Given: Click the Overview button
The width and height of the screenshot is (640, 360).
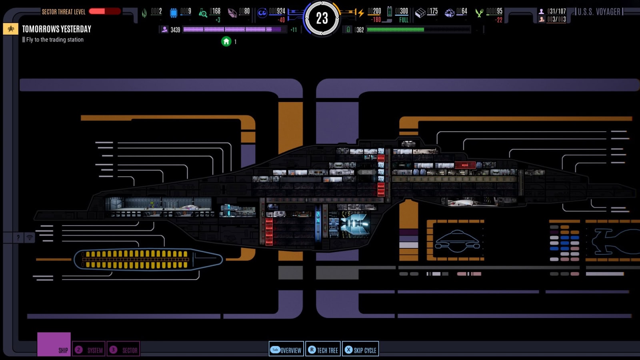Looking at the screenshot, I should (x=286, y=350).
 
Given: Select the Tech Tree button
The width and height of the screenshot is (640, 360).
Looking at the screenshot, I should (x=323, y=350).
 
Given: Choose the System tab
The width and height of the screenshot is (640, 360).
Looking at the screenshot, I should (x=89, y=350).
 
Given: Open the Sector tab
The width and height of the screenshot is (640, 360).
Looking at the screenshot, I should (x=124, y=350).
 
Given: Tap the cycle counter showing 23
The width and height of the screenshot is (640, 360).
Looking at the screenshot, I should (x=322, y=18).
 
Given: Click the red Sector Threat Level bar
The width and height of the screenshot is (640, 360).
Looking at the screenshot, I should (x=104, y=11).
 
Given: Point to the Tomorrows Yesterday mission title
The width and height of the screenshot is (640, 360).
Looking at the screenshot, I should (x=56, y=29).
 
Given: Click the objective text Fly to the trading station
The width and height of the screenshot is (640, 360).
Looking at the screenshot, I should (x=55, y=40).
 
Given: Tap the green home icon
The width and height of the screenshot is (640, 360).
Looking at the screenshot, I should (x=226, y=41).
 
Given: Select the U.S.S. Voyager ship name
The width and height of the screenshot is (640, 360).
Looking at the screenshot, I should (x=598, y=12).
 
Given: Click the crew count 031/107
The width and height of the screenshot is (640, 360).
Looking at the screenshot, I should (x=556, y=11).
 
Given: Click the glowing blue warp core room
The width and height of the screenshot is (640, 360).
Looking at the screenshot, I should (x=354, y=224).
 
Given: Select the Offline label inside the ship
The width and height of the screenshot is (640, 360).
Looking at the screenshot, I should (x=367, y=172).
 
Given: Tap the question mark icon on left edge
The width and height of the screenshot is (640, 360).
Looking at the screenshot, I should (x=18, y=238).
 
